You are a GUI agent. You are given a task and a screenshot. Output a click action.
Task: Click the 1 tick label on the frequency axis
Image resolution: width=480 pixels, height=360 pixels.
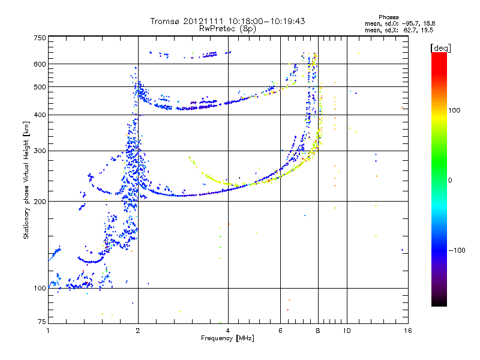[x=48, y=330]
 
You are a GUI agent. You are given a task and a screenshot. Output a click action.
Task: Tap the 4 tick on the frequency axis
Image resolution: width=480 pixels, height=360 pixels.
[x=228, y=330]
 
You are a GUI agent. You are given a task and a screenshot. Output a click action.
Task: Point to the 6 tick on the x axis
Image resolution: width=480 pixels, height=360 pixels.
[x=280, y=330]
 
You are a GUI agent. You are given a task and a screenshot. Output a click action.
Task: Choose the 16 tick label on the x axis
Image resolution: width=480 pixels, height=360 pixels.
[x=407, y=330]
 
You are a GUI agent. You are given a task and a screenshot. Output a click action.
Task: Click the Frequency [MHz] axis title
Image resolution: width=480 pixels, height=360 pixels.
[x=227, y=339]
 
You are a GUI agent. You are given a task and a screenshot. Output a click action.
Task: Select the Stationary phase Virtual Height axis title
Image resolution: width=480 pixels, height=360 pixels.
[x=26, y=180]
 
